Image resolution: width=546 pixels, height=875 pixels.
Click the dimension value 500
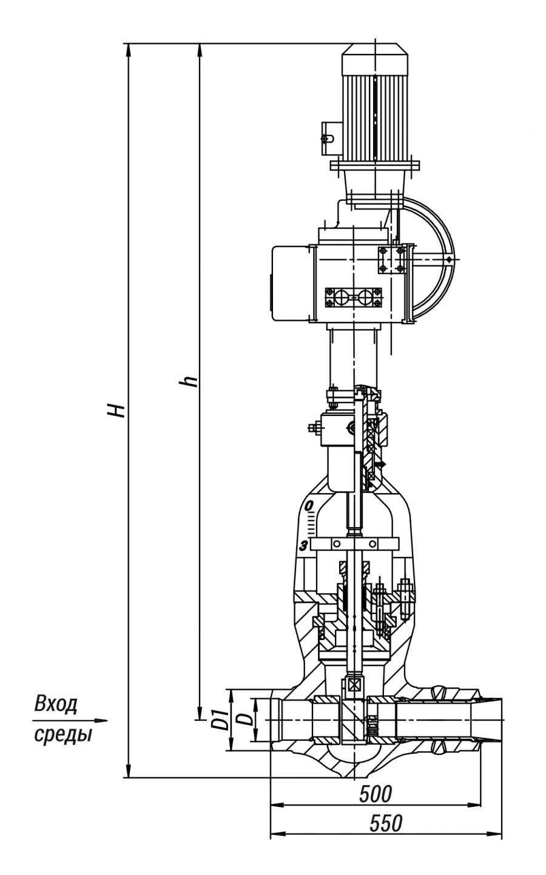[376, 792]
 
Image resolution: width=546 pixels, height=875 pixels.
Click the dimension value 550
[386, 823]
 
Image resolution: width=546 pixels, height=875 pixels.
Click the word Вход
[56, 705]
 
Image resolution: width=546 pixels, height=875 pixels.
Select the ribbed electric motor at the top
[375, 103]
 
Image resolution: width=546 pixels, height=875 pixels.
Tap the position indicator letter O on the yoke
[308, 505]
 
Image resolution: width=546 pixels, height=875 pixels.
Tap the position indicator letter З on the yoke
[303, 545]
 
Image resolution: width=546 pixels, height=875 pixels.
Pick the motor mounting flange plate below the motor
[375, 165]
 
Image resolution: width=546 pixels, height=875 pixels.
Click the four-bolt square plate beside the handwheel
[391, 260]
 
